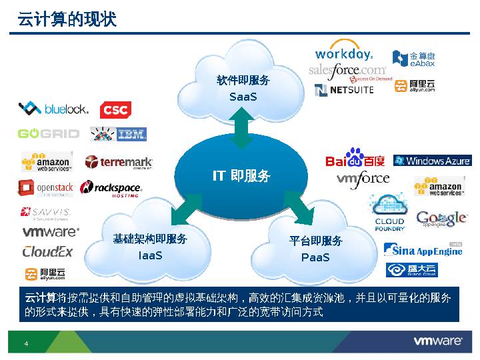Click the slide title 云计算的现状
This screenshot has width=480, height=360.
pyautogui.click(x=67, y=20)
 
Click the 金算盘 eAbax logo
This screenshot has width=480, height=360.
pyautogui.click(x=413, y=59)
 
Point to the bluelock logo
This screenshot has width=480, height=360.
pyautogui.click(x=53, y=108)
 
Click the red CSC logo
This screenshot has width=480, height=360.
pyautogui.click(x=115, y=110)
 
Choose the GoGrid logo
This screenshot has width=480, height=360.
pyautogui.click(x=48, y=133)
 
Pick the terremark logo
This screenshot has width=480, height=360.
pyautogui.click(x=119, y=162)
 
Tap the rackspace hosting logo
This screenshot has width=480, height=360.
pyautogui.click(x=111, y=189)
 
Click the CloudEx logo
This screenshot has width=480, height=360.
pyautogui.click(x=47, y=251)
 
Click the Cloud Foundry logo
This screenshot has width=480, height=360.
pyautogui.click(x=389, y=212)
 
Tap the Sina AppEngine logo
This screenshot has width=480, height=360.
pyautogui.click(x=423, y=250)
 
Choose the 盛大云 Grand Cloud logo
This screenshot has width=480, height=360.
pyautogui.click(x=412, y=270)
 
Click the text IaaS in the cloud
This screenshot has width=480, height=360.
pyautogui.click(x=150, y=255)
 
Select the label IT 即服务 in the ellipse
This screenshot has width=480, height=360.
pyautogui.click(x=241, y=176)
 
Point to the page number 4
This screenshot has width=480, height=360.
pyautogui.click(x=26, y=343)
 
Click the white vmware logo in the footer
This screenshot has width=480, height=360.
pyautogui.click(x=438, y=341)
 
